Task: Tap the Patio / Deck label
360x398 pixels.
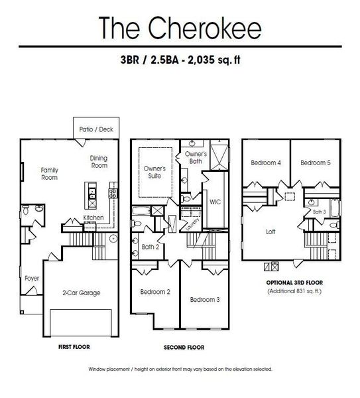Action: [x=95, y=129]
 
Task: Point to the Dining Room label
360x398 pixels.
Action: [x=99, y=162]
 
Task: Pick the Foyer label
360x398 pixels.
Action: [x=32, y=279]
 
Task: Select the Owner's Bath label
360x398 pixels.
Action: [x=196, y=157]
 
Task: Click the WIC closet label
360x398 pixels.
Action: [x=214, y=200]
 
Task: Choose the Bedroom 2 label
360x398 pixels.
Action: [x=155, y=291]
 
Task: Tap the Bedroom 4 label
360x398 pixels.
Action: [x=266, y=163]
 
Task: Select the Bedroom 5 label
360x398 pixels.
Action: [x=314, y=163]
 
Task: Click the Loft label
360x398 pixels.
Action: [x=271, y=232]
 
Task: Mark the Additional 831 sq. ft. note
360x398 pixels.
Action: [x=294, y=292]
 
